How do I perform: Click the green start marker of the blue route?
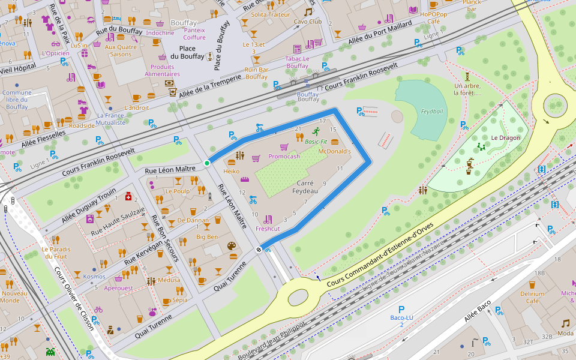click(x=207, y=163)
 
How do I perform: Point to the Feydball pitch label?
click(x=432, y=112)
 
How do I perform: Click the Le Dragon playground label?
click(x=505, y=137)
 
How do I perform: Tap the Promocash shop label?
click(x=284, y=157)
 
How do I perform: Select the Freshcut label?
click(x=268, y=229)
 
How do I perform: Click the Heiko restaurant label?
click(x=231, y=171)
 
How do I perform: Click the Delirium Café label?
click(x=532, y=298)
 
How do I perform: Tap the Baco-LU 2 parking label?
click(x=401, y=321)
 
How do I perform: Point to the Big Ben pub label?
click(x=207, y=237)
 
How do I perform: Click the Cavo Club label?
click(x=308, y=22)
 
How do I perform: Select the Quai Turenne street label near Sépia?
click(x=155, y=325)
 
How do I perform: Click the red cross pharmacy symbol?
click(x=128, y=196)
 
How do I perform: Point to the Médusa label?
click(x=169, y=280)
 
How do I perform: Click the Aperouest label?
click(x=118, y=288)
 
